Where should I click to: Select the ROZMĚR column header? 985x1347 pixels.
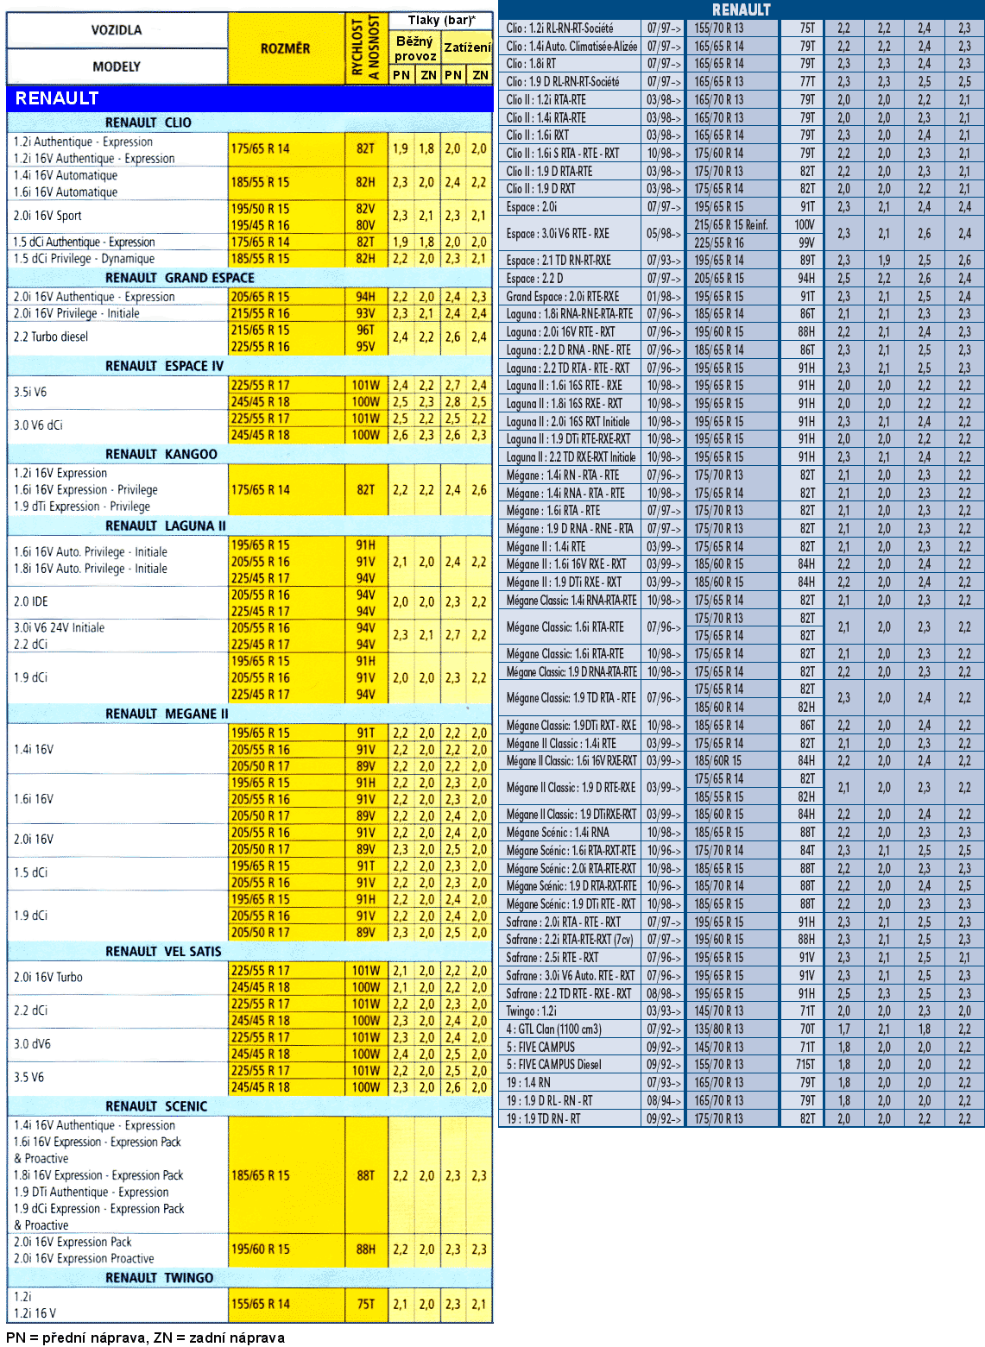coord(285,48)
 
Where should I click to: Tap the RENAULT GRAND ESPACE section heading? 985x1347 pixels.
coord(180,278)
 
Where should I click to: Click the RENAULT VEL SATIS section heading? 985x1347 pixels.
coord(163,951)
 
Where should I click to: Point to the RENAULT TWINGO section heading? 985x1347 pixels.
coord(159,1277)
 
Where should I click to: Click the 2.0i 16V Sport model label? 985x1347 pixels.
coord(48,216)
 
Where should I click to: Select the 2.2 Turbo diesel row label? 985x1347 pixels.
coord(51,337)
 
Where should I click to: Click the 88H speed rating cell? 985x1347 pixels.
coord(366,1249)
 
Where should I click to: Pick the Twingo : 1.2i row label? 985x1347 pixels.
coord(532,1010)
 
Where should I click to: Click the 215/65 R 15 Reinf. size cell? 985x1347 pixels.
coord(730,224)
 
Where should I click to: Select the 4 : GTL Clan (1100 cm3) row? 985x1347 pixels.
coord(553,1029)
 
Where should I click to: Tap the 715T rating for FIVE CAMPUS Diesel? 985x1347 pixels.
coord(805,1064)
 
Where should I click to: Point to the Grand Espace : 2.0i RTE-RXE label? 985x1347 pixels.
coord(562,296)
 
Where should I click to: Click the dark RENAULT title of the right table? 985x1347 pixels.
coord(741,9)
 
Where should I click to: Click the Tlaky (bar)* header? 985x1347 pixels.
coord(440,20)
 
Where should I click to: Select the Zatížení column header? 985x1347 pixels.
coord(467,47)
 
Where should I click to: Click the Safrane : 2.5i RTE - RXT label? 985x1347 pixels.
coord(552,957)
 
